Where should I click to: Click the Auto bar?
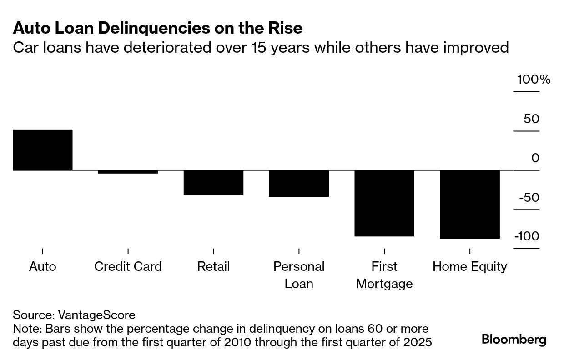pyautogui.click(x=42, y=150)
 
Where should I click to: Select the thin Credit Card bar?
pyautogui.click(x=128, y=172)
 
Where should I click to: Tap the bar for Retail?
pyautogui.click(x=213, y=182)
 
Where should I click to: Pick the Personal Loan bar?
pyautogui.click(x=299, y=183)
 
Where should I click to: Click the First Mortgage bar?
pyautogui.click(x=384, y=203)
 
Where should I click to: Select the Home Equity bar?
pyautogui.click(x=470, y=204)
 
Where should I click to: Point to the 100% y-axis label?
pyautogui.click(x=533, y=80)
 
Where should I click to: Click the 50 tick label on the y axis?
pyautogui.click(x=531, y=119)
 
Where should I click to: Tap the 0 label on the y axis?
pyautogui.click(x=535, y=158)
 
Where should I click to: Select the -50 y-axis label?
pyautogui.click(x=529, y=198)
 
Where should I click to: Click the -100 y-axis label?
pyautogui.click(x=527, y=237)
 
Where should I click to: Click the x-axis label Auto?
pyautogui.click(x=42, y=266)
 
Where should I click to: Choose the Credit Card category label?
pyautogui.click(x=128, y=266)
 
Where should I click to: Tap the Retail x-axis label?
pyautogui.click(x=213, y=266)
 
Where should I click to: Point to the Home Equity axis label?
pyautogui.click(x=470, y=266)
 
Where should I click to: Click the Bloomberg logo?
pyautogui.click(x=514, y=340)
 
